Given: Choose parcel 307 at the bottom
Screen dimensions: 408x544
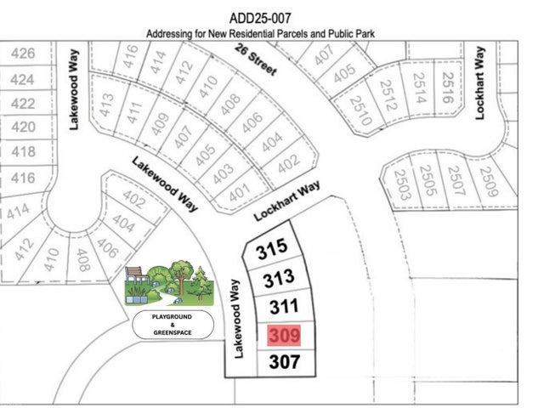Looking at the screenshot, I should tap(285, 361).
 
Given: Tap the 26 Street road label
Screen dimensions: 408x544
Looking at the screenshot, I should tap(257, 63).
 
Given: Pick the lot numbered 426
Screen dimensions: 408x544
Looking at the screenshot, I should tap(23, 54).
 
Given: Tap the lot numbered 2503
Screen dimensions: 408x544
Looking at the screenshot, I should tap(402, 184).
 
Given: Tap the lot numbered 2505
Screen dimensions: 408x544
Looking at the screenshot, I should tap(429, 182).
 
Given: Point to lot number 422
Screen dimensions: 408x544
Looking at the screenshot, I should tap(23, 104).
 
